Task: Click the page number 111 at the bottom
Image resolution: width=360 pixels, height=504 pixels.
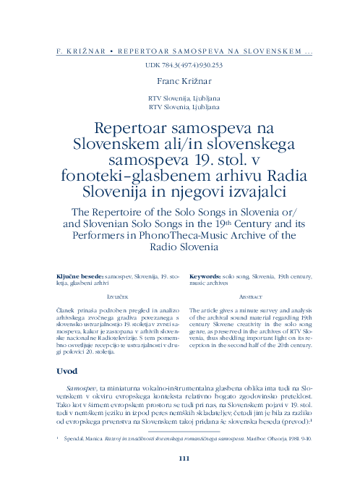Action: pos(184,457)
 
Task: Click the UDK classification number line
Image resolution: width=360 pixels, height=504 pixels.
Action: pos(184,64)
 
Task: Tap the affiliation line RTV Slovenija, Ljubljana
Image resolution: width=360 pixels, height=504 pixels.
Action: pos(184,98)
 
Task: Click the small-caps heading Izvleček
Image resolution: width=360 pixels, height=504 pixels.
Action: pos(117,297)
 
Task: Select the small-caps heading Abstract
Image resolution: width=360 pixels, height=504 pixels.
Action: pos(250,297)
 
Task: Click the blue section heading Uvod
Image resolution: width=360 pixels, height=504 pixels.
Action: pos(67,371)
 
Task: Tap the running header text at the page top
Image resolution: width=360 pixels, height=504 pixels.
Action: pos(184,53)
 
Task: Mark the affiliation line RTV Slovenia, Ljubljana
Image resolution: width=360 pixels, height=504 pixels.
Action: pos(184,106)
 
